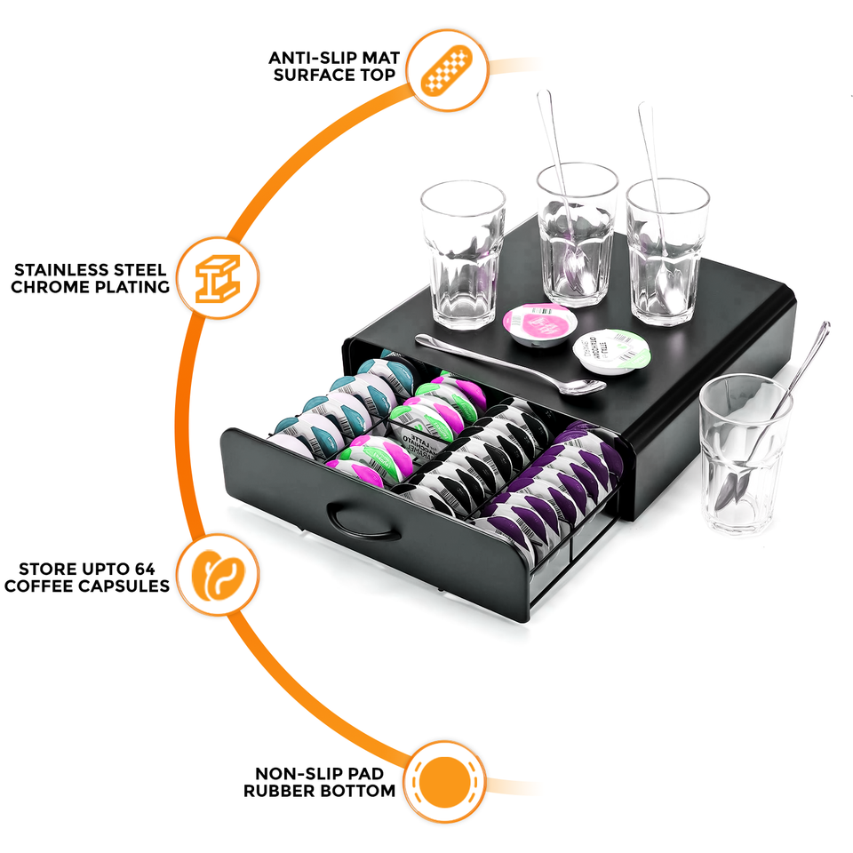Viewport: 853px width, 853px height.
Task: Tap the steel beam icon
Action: [218, 278]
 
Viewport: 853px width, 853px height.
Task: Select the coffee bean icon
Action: [218, 575]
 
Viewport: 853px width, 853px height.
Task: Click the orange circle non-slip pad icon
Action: [449, 782]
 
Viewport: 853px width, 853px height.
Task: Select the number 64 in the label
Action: [157, 569]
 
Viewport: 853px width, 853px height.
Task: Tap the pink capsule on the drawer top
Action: [538, 323]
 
